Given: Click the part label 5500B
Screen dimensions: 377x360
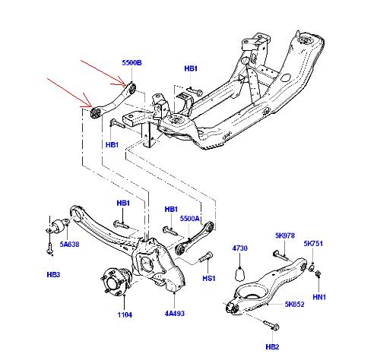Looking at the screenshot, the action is (131, 62).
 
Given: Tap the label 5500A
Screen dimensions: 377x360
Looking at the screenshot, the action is (190, 219).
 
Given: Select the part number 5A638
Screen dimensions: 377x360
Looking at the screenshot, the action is (69, 245).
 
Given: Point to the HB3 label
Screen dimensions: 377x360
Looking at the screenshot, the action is (53, 274).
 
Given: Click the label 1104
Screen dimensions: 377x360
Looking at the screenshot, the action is (125, 314).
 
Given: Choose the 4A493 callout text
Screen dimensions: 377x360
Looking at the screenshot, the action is (175, 313).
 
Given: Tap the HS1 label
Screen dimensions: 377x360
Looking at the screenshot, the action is (209, 279).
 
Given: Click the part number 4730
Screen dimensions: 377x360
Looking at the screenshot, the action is (239, 248).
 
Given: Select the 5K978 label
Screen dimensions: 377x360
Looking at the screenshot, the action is (285, 235).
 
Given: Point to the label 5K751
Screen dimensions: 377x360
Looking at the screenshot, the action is (313, 244).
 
